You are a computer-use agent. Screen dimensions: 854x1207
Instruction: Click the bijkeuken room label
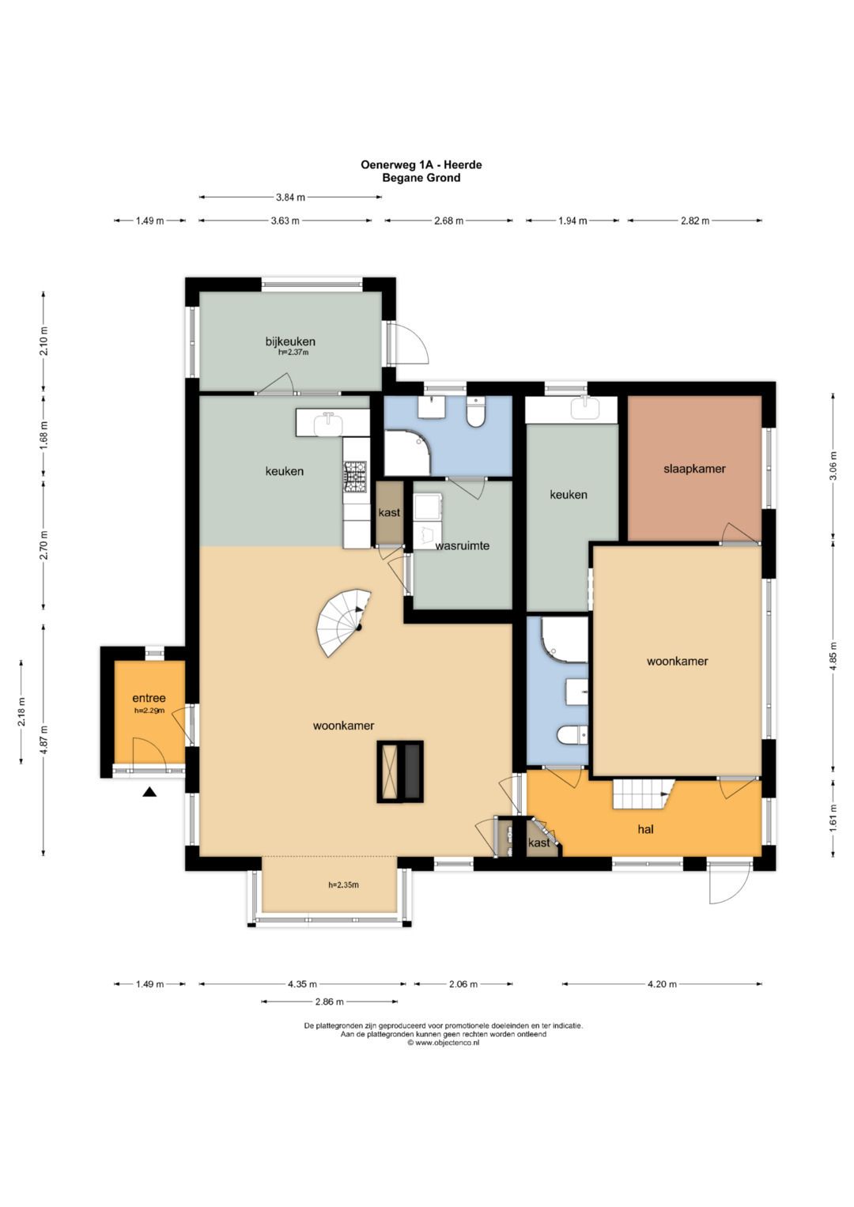(x=290, y=341)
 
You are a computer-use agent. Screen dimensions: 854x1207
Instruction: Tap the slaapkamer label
(x=694, y=468)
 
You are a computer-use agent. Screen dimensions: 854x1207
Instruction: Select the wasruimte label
(x=462, y=545)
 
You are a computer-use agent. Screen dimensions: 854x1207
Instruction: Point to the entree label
(x=149, y=698)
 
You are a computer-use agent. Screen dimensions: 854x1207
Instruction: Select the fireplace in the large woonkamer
(x=399, y=772)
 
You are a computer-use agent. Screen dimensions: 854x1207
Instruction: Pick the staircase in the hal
(x=644, y=794)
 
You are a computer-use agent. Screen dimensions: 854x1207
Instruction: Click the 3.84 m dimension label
(x=291, y=198)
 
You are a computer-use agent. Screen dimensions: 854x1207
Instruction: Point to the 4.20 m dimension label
(x=662, y=984)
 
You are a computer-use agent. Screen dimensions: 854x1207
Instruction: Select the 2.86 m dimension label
(x=329, y=1001)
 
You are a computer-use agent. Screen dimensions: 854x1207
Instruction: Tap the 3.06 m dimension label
(x=833, y=466)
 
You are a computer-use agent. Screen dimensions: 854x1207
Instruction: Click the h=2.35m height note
(x=343, y=885)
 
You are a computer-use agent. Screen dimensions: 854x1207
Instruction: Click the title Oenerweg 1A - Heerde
(x=421, y=165)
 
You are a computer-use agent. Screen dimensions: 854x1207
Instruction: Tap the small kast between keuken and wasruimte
(x=389, y=512)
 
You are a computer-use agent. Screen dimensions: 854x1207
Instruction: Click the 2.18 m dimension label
(x=21, y=711)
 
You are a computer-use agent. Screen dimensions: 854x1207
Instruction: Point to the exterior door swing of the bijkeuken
(x=411, y=345)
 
